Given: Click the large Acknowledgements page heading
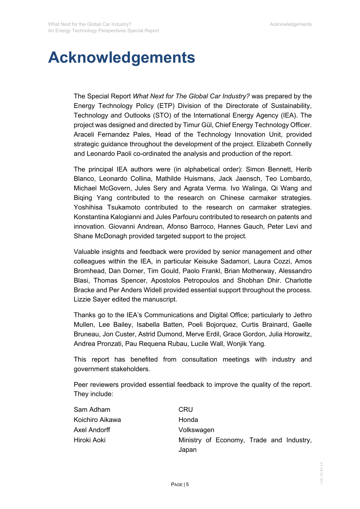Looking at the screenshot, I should pyautogui.click(x=121, y=57).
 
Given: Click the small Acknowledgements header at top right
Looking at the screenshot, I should pyautogui.click(x=291, y=24).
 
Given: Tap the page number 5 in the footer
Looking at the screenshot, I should pyautogui.click(x=187, y=484).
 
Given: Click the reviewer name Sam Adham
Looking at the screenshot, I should pyautogui.click(x=92, y=409).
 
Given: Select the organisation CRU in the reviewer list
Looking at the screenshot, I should pyautogui.click(x=186, y=409).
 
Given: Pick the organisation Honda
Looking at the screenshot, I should pyautogui.click(x=188, y=420).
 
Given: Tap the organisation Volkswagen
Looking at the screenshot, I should pyautogui.click(x=196, y=430).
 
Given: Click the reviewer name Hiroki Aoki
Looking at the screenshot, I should pyautogui.click(x=90, y=440).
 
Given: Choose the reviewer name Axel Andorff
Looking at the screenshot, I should pyautogui.click(x=92, y=430).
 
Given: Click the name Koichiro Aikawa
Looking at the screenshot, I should pyautogui.click(x=97, y=420).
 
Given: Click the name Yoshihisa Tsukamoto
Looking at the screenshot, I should pyautogui.click(x=107, y=207).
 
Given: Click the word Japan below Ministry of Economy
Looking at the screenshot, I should pyautogui.click(x=187, y=450).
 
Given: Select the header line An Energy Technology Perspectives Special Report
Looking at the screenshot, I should pyautogui.click(x=104, y=31).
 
